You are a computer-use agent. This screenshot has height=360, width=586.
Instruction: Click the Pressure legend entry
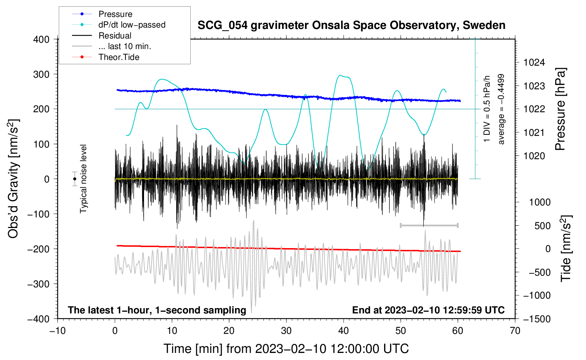[x=102, y=14]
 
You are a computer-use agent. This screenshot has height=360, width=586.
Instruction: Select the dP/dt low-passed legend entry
[x=119, y=25]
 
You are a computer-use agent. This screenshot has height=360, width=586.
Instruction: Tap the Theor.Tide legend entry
[x=106, y=57]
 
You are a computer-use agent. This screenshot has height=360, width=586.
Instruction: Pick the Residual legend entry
[x=102, y=36]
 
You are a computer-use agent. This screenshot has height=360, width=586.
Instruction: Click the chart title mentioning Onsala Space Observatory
[x=351, y=25]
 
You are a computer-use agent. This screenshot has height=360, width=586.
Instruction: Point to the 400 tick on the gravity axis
[x=41, y=40]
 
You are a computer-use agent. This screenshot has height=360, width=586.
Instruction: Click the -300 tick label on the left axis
[x=38, y=284]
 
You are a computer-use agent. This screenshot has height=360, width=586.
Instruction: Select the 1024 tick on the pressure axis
[x=534, y=62]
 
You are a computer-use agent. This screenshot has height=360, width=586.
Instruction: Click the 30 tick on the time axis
[x=286, y=331]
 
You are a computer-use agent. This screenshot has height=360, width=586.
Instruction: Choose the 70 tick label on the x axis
[x=515, y=331]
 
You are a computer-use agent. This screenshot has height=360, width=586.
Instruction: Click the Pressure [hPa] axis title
[x=561, y=109]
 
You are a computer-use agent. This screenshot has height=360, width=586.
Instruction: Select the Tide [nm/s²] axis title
[x=566, y=248]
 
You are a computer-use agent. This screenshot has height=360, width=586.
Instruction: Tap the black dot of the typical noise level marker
[x=75, y=179]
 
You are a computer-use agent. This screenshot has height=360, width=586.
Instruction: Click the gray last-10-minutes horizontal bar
[x=429, y=225]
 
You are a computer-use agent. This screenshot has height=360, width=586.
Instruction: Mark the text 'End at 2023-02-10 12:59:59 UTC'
[x=428, y=310]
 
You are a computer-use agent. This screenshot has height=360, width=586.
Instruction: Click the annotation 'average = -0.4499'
[x=501, y=109]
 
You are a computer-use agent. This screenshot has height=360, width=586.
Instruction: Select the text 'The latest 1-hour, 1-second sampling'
[x=157, y=310]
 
